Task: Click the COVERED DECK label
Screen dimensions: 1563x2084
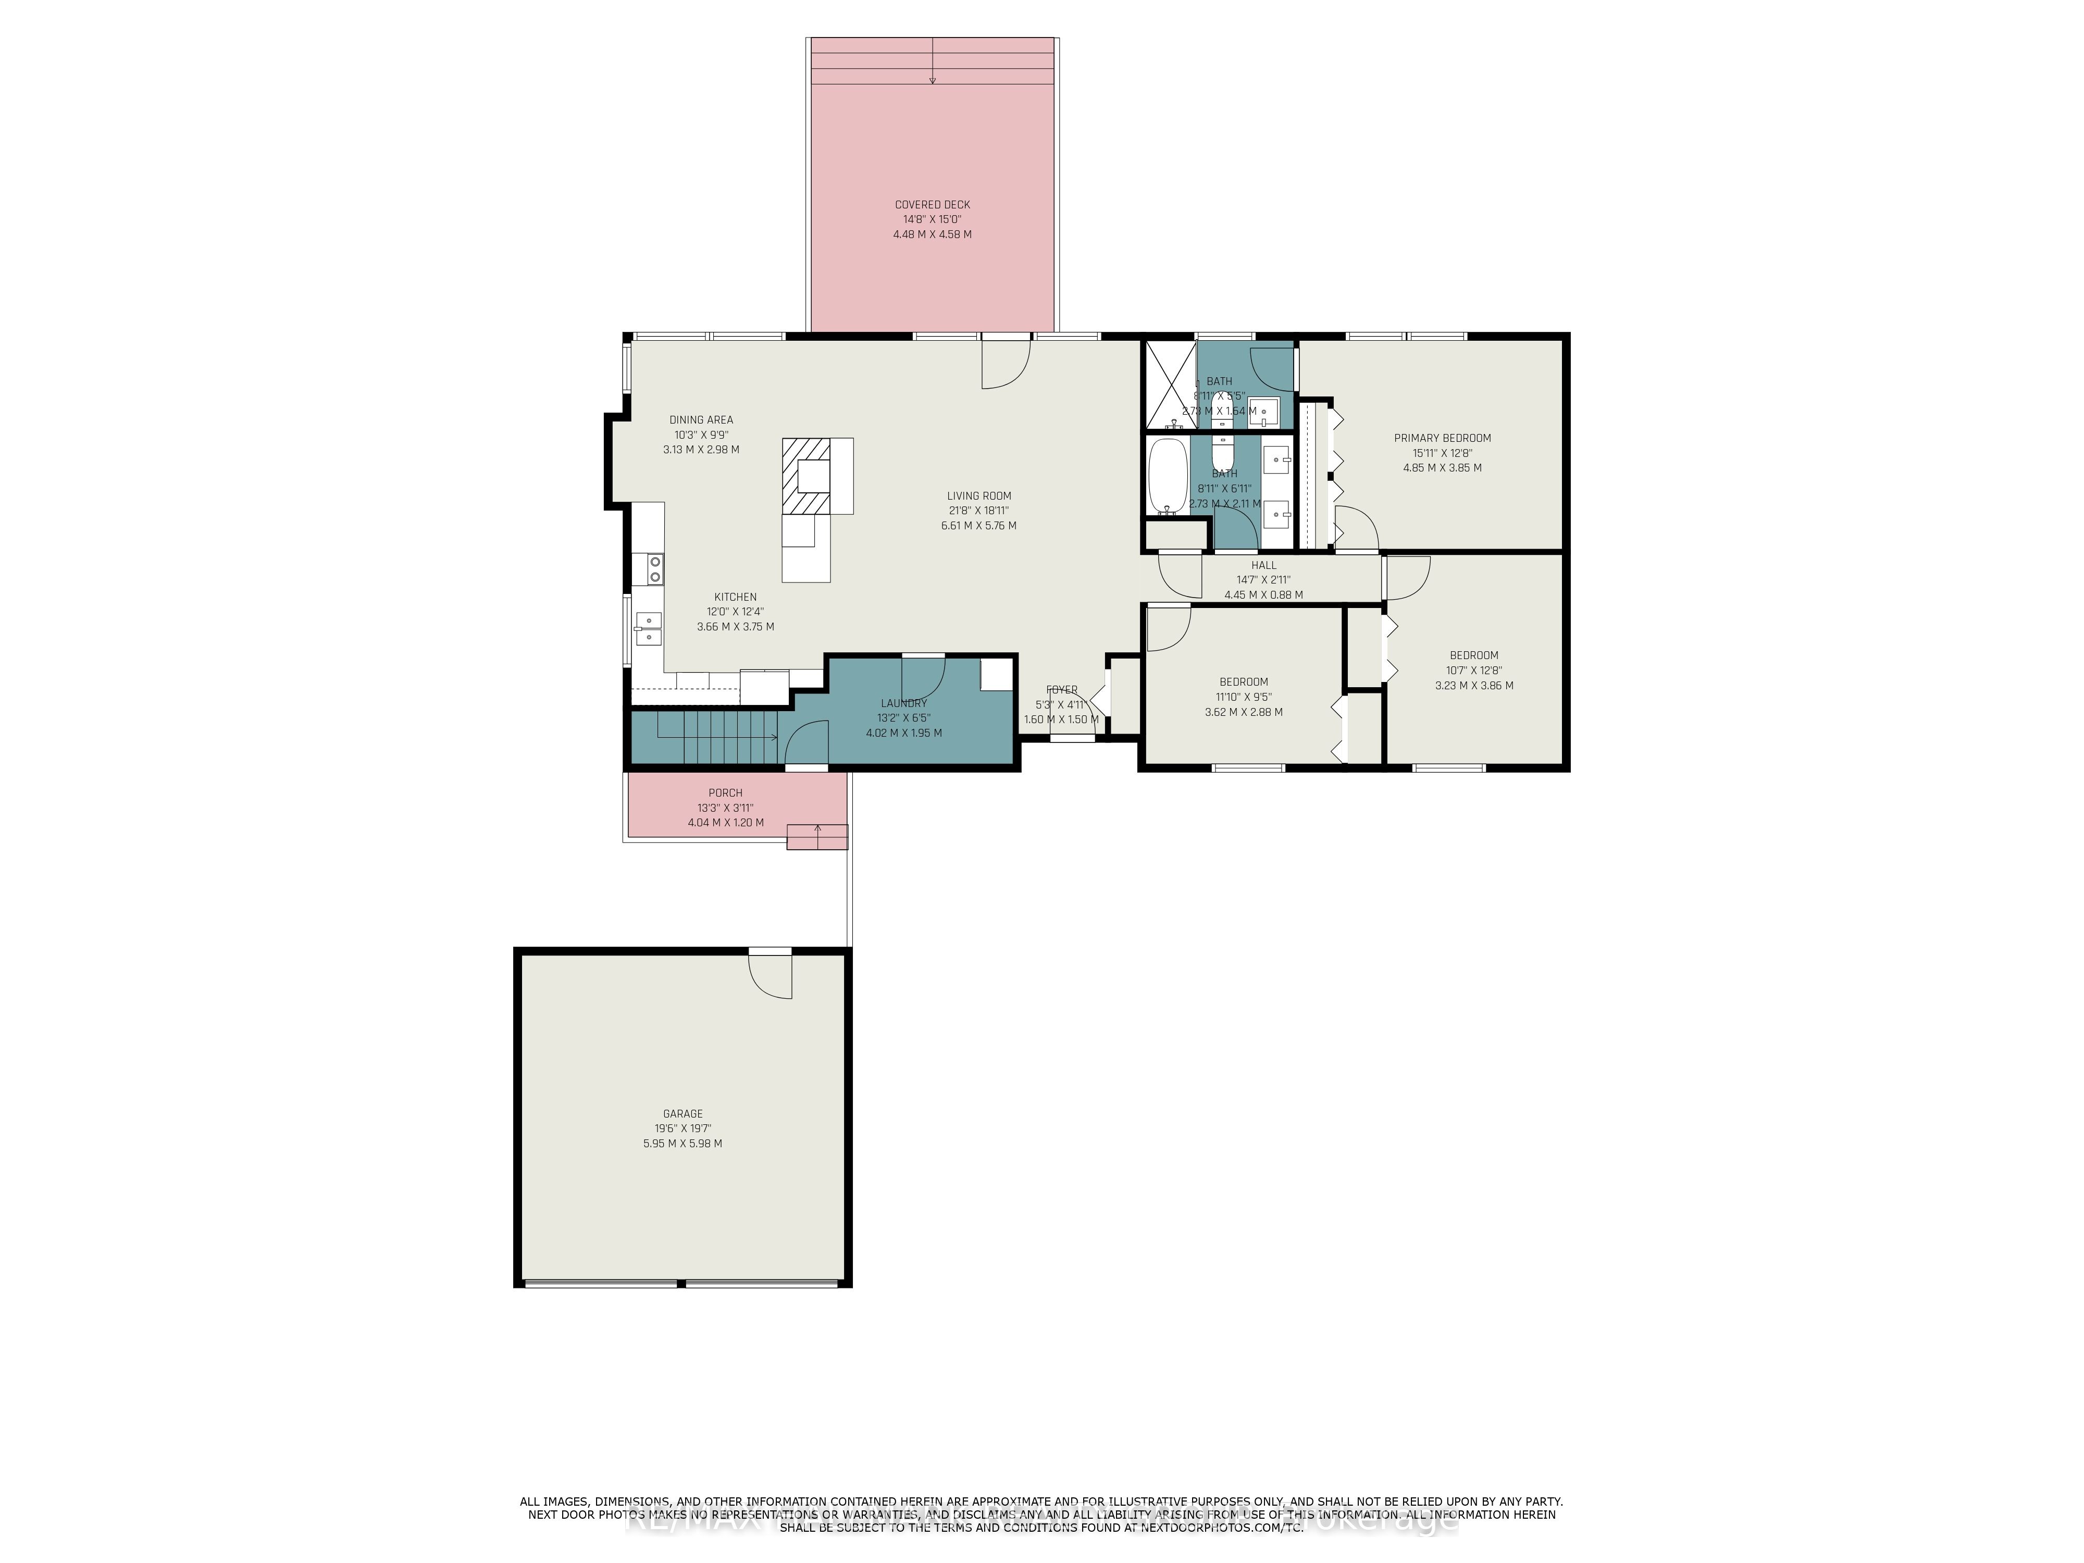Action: pos(932,204)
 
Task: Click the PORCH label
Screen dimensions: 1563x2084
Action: pos(725,793)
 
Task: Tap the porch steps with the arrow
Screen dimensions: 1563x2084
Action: pos(817,837)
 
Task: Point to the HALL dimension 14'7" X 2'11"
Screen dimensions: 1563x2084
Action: pos(1263,580)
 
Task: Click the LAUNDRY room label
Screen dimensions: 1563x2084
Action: pos(903,703)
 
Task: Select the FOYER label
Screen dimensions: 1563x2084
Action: pos(1062,690)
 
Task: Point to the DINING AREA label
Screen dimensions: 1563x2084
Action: pos(701,420)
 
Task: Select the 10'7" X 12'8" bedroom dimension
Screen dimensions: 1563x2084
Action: pos(1473,671)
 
